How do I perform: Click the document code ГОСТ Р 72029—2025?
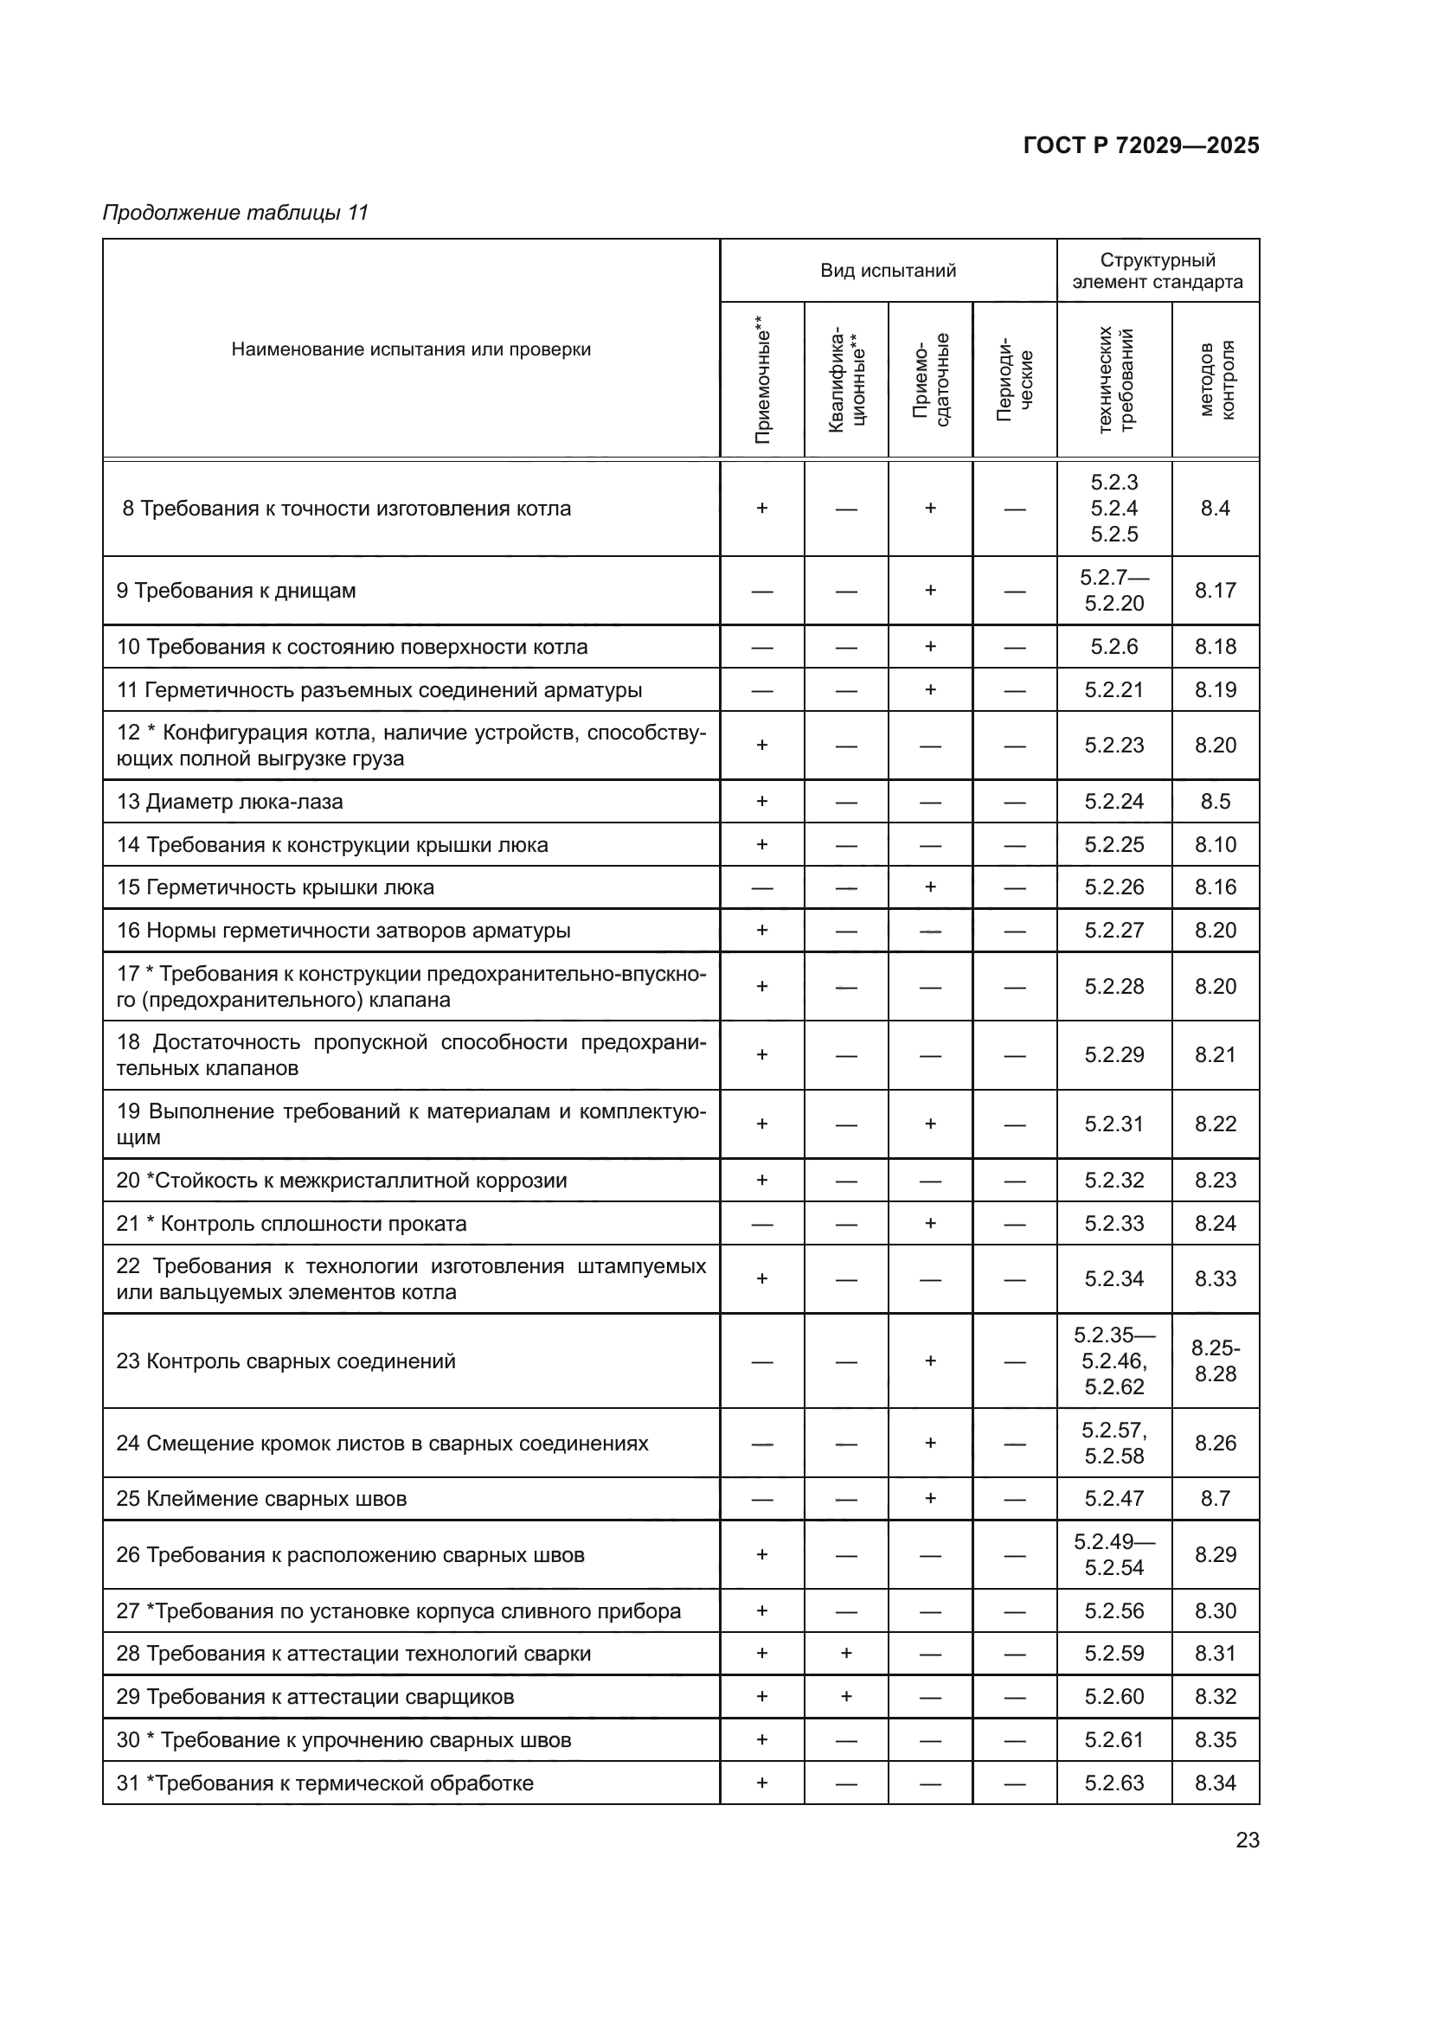coord(1140,145)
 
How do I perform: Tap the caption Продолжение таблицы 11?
coord(235,213)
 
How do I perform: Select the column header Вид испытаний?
coord(888,271)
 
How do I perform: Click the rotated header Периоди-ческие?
coord(1014,380)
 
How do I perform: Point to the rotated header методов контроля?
coord(1216,380)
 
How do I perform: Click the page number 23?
coord(1247,1840)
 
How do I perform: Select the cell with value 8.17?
coord(1215,591)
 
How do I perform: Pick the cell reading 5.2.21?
coord(1113,690)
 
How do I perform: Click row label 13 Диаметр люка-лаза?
coord(230,802)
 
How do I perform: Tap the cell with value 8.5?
coord(1215,802)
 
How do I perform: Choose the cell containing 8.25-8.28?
coord(1215,1360)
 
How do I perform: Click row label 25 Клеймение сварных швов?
coord(261,1499)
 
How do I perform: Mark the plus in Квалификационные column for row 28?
coord(846,1654)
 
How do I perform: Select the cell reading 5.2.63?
coord(1113,1783)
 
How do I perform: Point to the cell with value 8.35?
coord(1215,1739)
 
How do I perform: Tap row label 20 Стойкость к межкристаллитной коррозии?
coord(342,1181)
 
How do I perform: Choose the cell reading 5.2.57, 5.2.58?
coord(1113,1444)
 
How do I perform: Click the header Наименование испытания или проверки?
coord(411,349)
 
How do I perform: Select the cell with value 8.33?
coord(1215,1278)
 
